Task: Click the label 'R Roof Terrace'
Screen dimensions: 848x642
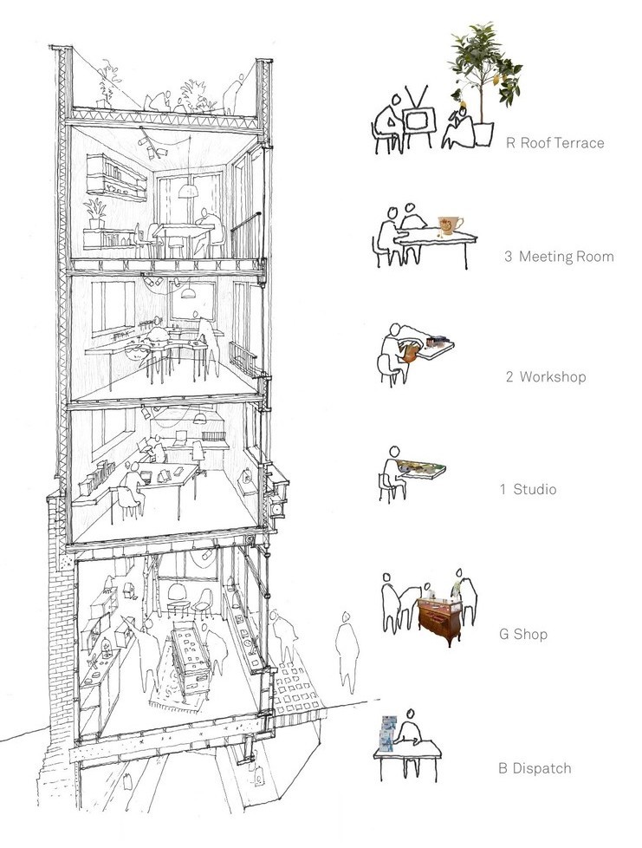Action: point(554,143)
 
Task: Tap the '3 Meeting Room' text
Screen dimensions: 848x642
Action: point(558,257)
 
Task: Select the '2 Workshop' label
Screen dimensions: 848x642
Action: point(545,377)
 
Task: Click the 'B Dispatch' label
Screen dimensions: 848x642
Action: point(534,768)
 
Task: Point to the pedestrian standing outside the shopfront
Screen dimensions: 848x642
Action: point(346,650)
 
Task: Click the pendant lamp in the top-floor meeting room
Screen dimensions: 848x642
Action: point(188,190)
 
